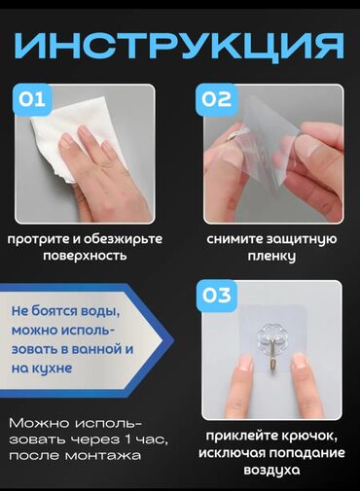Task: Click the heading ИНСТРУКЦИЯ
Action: pos(179,46)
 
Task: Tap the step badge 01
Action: pos(32,99)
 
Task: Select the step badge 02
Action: pos(216,99)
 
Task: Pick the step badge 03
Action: pos(217,296)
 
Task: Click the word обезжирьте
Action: pos(123,239)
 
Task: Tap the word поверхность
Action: pos(85,256)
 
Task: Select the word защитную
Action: pos(302,239)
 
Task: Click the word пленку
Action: pos(271,256)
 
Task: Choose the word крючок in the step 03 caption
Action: pos(308,437)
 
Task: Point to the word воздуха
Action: pos(271,470)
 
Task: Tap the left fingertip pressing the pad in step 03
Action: pos(245,363)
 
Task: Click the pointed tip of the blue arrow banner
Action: pos(173,340)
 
